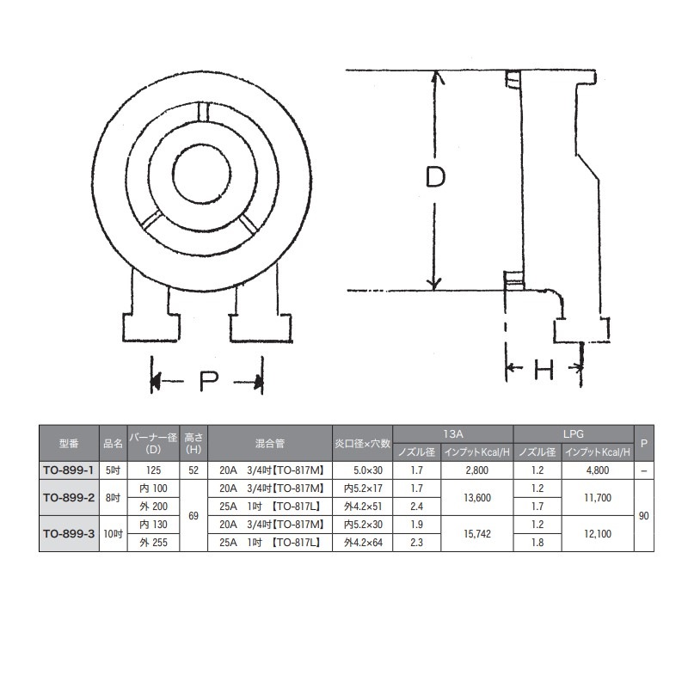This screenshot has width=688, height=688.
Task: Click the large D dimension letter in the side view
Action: click(x=436, y=178)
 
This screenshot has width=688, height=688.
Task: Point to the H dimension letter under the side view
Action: click(x=544, y=370)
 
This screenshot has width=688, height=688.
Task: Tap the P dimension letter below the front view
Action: click(x=207, y=381)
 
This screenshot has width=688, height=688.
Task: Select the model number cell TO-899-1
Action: click(x=69, y=470)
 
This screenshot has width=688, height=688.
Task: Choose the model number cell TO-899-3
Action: click(x=69, y=532)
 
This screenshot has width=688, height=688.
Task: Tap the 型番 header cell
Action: click(x=69, y=444)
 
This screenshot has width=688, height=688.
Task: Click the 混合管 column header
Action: click(x=270, y=444)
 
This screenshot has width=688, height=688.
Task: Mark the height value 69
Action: click(x=193, y=514)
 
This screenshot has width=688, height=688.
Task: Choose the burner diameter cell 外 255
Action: click(x=152, y=542)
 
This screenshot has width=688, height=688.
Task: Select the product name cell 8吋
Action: click(x=113, y=496)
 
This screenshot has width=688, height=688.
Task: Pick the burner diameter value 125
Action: click(x=152, y=470)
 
